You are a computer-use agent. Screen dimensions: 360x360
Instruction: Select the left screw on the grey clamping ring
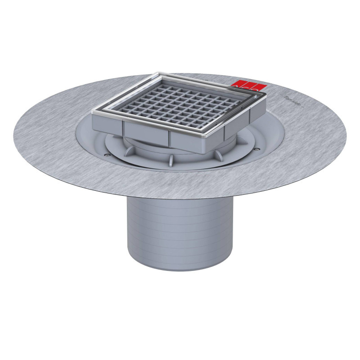(x=106, y=155)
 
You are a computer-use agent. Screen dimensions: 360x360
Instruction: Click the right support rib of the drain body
(x=219, y=154)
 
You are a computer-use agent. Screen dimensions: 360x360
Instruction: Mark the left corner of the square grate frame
(x=93, y=111)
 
